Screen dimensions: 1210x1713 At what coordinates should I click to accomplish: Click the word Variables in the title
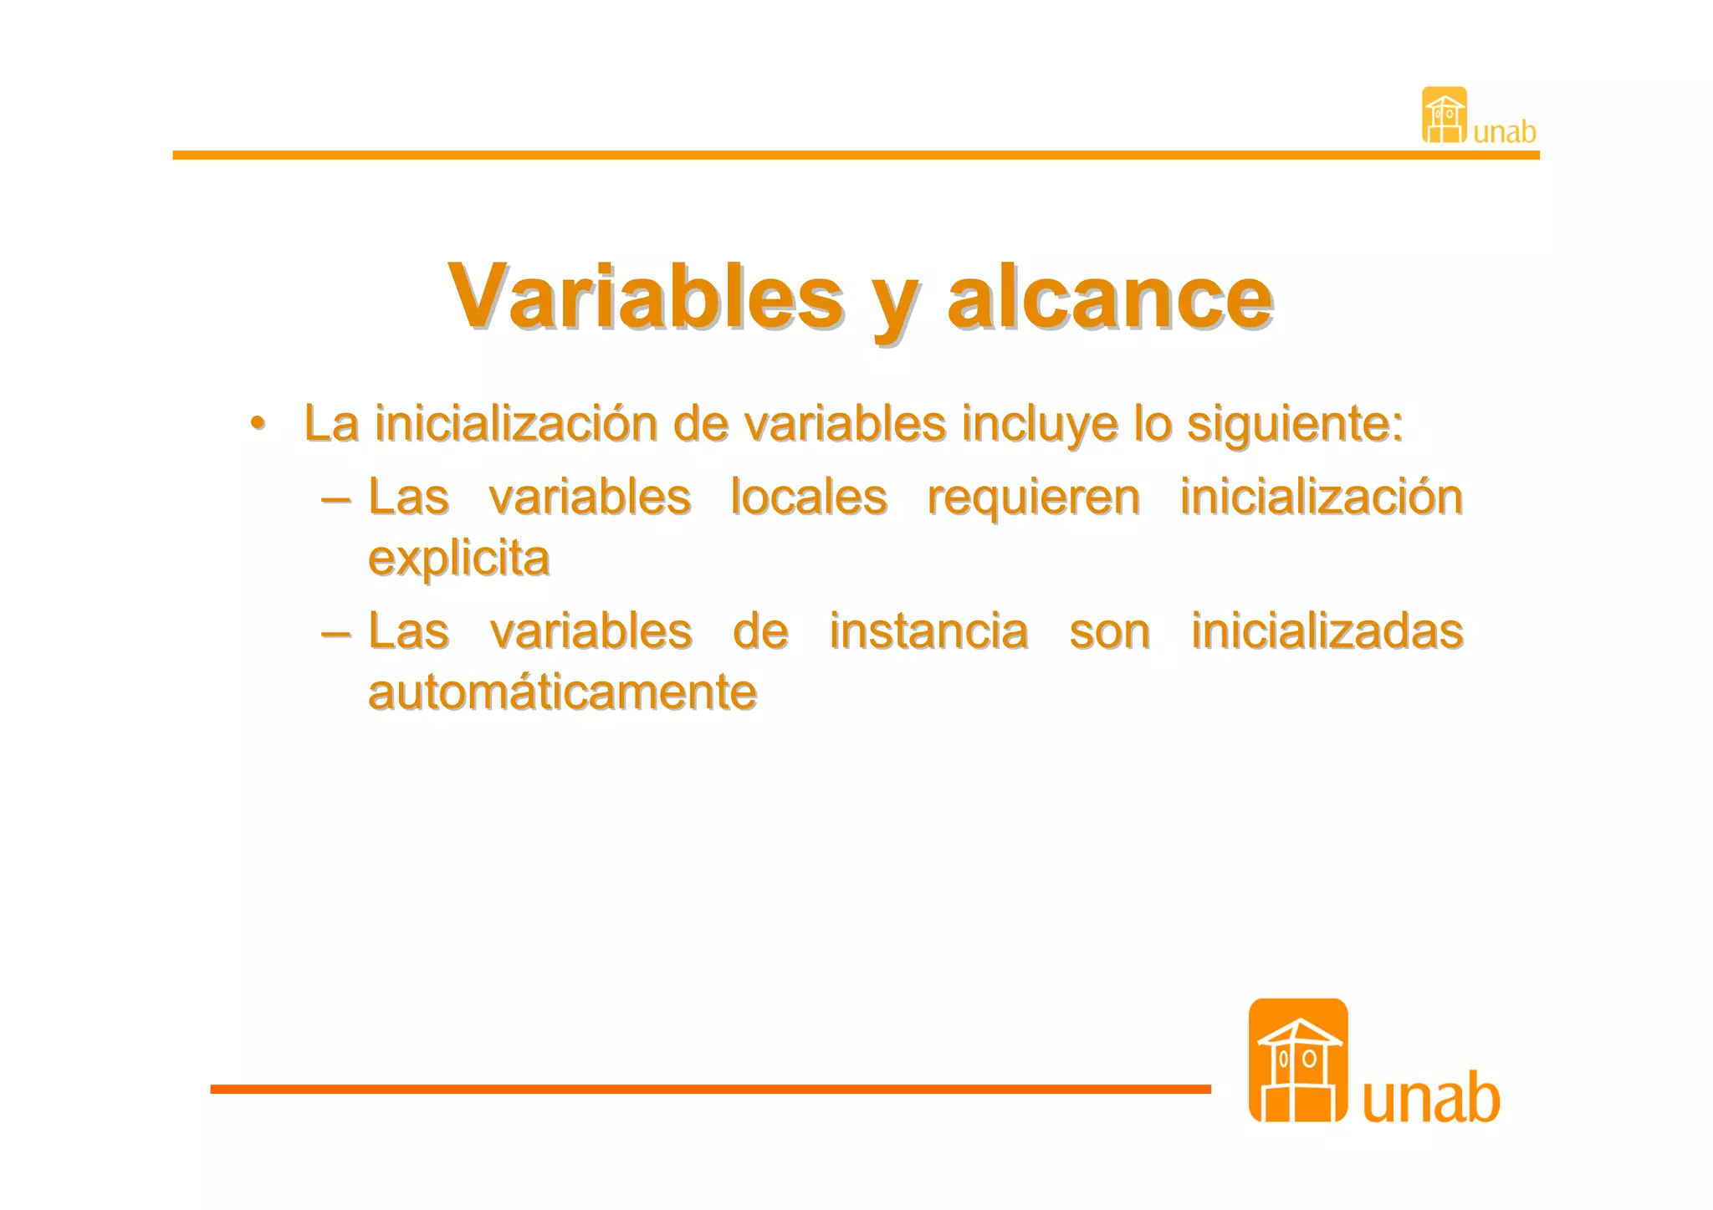(x=646, y=297)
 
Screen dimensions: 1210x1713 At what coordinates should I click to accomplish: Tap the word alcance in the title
(x=1110, y=297)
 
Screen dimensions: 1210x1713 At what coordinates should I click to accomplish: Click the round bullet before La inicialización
(x=258, y=421)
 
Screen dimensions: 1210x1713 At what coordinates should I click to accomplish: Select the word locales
(x=809, y=498)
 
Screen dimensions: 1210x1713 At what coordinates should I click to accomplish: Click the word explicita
(x=458, y=559)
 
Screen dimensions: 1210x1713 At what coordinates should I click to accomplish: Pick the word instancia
(x=928, y=631)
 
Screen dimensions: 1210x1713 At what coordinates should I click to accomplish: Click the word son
(x=1109, y=631)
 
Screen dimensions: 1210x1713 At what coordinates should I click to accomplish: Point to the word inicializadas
(x=1327, y=631)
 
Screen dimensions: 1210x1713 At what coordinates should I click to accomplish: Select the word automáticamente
(x=562, y=692)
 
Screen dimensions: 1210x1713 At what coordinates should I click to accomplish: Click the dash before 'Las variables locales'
(x=335, y=499)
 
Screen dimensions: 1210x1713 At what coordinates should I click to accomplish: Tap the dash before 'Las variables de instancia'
(x=335, y=633)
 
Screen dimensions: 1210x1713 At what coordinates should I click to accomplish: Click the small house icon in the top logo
(x=1444, y=115)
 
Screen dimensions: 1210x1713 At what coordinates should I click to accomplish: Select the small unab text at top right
(x=1504, y=132)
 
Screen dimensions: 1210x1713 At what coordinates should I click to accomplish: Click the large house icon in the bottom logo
(x=1297, y=1059)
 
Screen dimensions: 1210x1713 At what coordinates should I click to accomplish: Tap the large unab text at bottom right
(x=1431, y=1098)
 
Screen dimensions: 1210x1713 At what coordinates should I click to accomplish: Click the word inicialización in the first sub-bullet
(x=1321, y=498)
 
